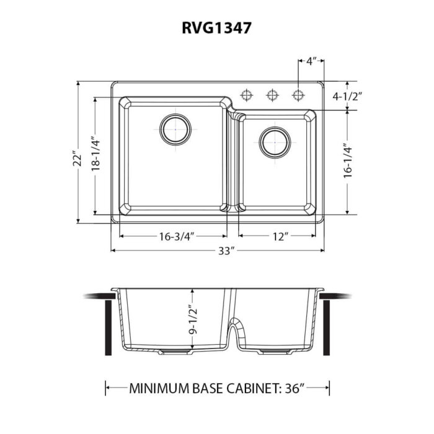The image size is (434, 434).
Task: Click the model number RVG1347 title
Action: (217, 27)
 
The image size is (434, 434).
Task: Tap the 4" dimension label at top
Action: (312, 61)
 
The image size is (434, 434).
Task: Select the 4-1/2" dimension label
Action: (347, 96)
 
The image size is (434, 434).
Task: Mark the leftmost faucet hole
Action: (247, 95)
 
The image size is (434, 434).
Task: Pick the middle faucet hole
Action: (272, 95)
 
